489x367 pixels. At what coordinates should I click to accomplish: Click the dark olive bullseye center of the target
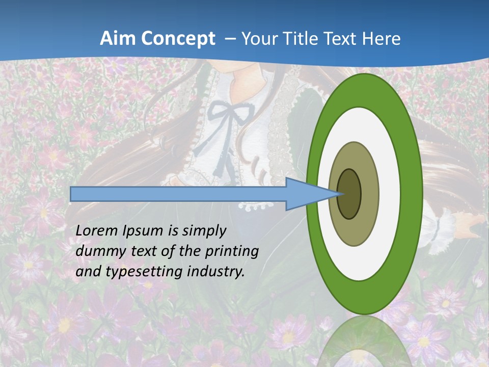tap(349, 194)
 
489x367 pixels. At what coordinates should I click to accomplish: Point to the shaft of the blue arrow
tap(178, 194)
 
